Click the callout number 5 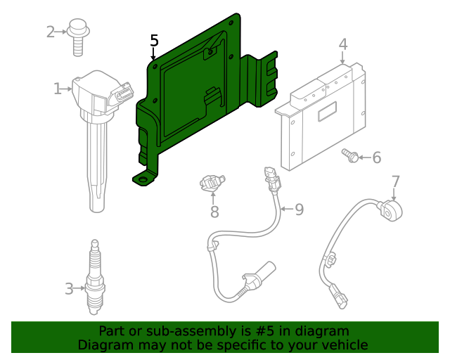pyautogui.click(x=154, y=41)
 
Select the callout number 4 pyautogui.click(x=342, y=44)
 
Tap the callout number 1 pyautogui.click(x=57, y=89)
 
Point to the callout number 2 pyautogui.click(x=51, y=32)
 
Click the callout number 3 pyautogui.click(x=69, y=288)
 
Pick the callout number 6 pyautogui.click(x=376, y=157)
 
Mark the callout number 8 pyautogui.click(x=214, y=211)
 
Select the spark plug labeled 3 pyautogui.click(x=95, y=281)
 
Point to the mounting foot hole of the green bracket pyautogui.click(x=144, y=181)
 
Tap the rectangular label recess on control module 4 pyautogui.click(x=327, y=112)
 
